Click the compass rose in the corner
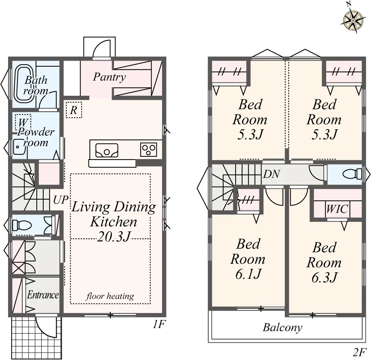(x=352, y=20)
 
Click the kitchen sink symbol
(x=107, y=150)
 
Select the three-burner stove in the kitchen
(x=148, y=149)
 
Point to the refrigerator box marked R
(x=74, y=110)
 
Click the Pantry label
(x=109, y=77)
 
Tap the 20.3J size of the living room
(x=114, y=236)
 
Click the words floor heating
(x=110, y=296)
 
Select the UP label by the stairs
(x=61, y=200)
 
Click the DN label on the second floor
(x=272, y=174)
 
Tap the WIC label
(x=337, y=209)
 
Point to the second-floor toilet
(x=352, y=174)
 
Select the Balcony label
(x=282, y=328)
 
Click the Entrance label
(x=43, y=295)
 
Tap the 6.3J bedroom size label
(x=324, y=278)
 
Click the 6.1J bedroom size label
(x=248, y=274)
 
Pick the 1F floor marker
(x=159, y=324)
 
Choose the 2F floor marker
(x=359, y=352)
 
